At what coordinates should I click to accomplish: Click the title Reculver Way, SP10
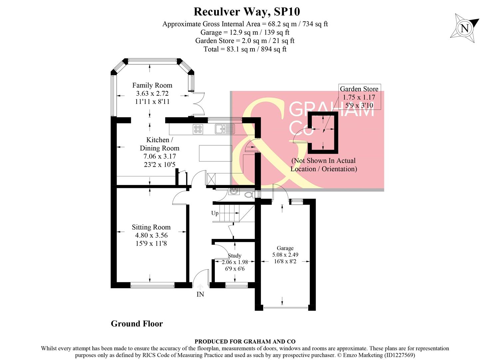coord(246,12)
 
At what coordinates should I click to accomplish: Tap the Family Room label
coord(152,85)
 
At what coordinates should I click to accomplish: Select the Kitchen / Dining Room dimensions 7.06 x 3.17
coord(160,156)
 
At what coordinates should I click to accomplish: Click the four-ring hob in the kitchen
coord(198,129)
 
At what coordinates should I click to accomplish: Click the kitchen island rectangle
coord(215,153)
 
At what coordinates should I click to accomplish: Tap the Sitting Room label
coord(151,227)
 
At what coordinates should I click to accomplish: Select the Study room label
coord(235,256)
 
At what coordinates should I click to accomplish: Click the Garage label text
coord(285,248)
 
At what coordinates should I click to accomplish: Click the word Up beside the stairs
coord(215,213)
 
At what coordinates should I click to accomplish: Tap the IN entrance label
coord(200,294)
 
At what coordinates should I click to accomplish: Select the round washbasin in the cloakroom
coord(234,191)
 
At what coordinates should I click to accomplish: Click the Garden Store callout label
coord(359,89)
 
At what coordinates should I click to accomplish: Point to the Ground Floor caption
coord(137,324)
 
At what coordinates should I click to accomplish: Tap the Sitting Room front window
coord(152,285)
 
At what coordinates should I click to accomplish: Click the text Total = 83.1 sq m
coord(245,49)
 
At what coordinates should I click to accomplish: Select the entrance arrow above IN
coord(200,286)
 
